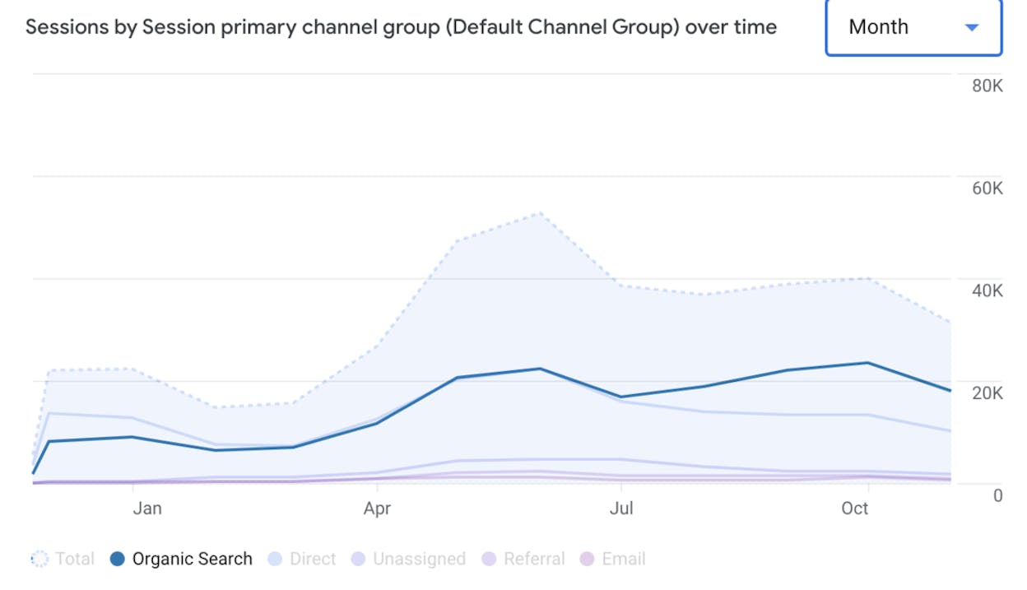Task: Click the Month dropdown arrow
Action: pyautogui.click(x=972, y=28)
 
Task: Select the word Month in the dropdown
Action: pyautogui.click(x=878, y=26)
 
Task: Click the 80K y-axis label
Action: pyautogui.click(x=987, y=86)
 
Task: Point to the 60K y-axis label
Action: pyautogui.click(x=987, y=188)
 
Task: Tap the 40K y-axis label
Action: pyautogui.click(x=987, y=290)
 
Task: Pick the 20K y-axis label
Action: pyautogui.click(x=987, y=393)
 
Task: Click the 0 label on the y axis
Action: pyautogui.click(x=997, y=495)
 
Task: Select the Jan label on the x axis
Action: pyautogui.click(x=147, y=509)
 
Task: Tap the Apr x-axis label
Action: pyautogui.click(x=377, y=509)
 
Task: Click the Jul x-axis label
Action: pyautogui.click(x=621, y=509)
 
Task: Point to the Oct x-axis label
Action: pyautogui.click(x=855, y=509)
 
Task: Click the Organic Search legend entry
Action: pyautogui.click(x=182, y=559)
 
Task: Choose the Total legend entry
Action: pyautogui.click(x=63, y=559)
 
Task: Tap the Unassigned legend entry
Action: pyautogui.click(x=408, y=559)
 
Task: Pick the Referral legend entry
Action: pyautogui.click(x=523, y=559)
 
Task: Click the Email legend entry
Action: pyautogui.click(x=612, y=559)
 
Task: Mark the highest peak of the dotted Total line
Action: pyautogui.click(x=541, y=213)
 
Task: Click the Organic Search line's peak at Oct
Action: pyautogui.click(x=867, y=363)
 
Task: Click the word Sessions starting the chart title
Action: pyautogui.click(x=67, y=27)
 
